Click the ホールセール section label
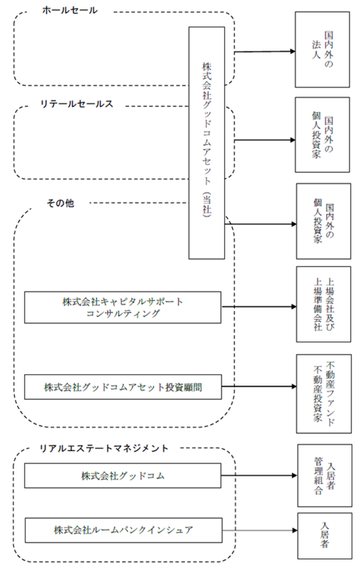pyautogui.click(x=70, y=11)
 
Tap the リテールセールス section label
pyautogui.click(x=76, y=104)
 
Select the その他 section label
pyautogui.click(x=60, y=203)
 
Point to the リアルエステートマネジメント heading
pyautogui.click(x=104, y=448)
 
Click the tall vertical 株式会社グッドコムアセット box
pyautogui.click(x=206, y=143)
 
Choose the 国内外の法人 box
pyautogui.click(x=322, y=50)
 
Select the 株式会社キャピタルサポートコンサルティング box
pyautogui.click(x=123, y=307)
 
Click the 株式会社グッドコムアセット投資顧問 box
pyautogui.click(x=123, y=387)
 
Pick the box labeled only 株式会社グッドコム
pyautogui.click(x=123, y=476)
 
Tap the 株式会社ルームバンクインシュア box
pyautogui.click(x=124, y=530)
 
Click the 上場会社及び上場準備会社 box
pyautogui.click(x=324, y=304)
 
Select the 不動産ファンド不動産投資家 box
pyautogui.click(x=324, y=393)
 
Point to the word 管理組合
pyautogui.click(x=318, y=476)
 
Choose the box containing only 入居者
pyautogui.click(x=325, y=535)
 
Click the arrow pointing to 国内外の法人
pyautogui.click(x=265, y=51)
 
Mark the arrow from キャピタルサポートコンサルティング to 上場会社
pyautogui.click(x=259, y=306)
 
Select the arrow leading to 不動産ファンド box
pyautogui.click(x=259, y=386)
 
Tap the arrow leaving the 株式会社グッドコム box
pyautogui.click(x=259, y=476)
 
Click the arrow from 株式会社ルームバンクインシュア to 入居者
pyautogui.click(x=260, y=531)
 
